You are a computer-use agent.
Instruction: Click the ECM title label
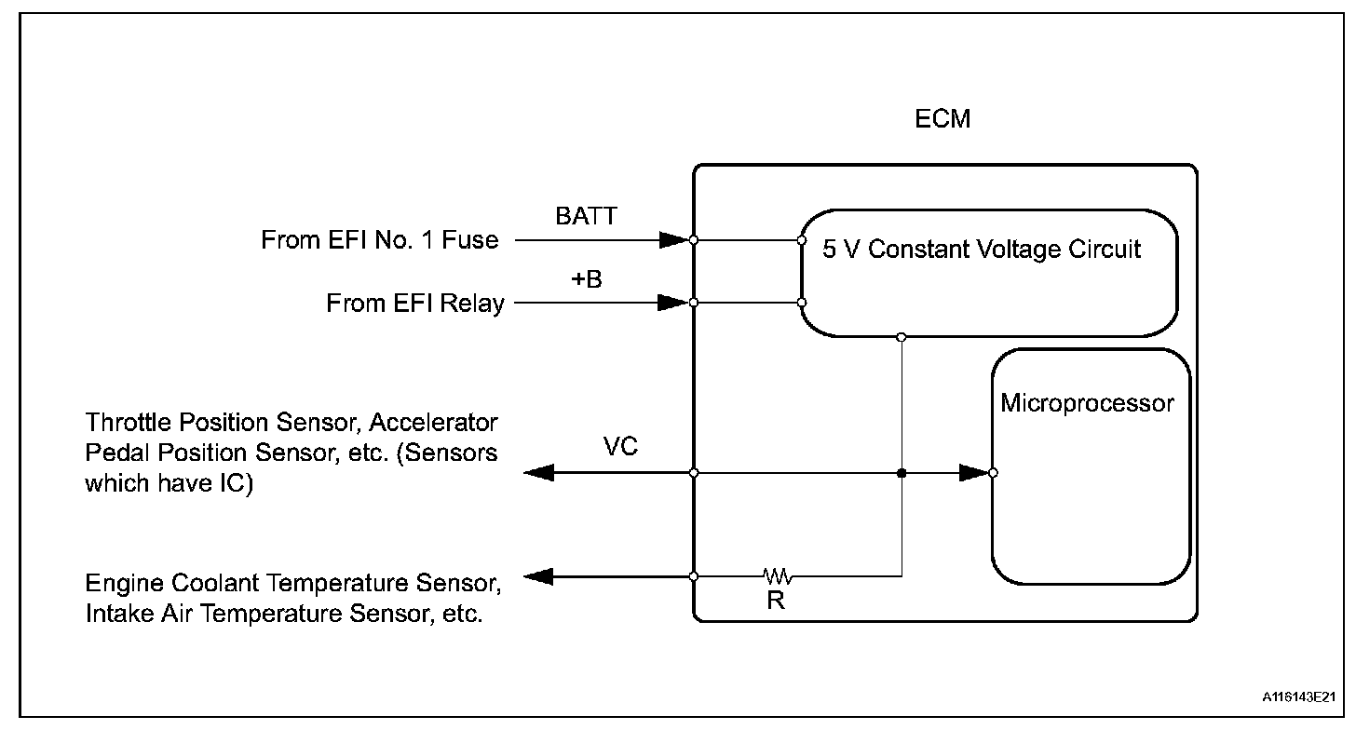943,120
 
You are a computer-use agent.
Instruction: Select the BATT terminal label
586,217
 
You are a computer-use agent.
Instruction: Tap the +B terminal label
587,279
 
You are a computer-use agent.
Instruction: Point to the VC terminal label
620,447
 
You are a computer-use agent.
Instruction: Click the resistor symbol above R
777,575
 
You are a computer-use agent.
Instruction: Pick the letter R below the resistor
776,601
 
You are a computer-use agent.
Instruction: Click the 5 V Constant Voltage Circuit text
981,250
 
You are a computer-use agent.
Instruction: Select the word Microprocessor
1087,403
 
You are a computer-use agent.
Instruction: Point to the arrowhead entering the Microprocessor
973,473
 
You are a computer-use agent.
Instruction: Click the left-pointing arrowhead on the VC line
540,473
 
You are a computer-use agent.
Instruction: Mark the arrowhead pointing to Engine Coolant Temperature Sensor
540,576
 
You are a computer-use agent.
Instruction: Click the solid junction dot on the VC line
902,473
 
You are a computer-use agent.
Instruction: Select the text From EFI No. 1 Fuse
380,241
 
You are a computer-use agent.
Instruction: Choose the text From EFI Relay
414,304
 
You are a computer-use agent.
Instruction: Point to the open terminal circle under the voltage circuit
902,336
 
